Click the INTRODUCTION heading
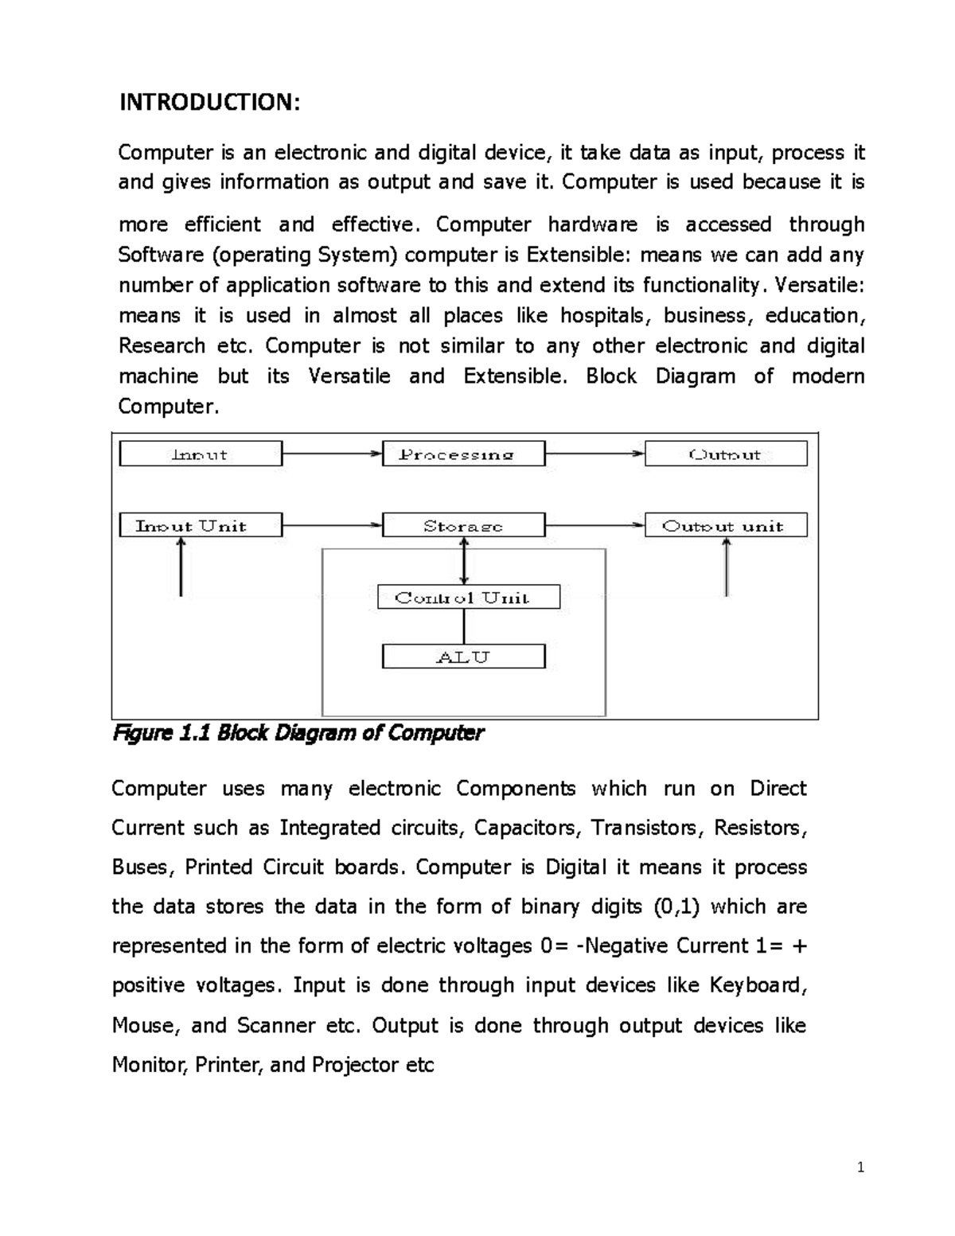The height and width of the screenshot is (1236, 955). click(209, 103)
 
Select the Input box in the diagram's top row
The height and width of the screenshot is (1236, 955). click(201, 454)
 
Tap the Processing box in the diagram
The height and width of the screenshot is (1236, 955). click(463, 454)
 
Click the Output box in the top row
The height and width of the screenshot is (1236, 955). click(726, 454)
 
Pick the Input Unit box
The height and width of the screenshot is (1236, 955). click(201, 525)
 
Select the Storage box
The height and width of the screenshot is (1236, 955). click(463, 525)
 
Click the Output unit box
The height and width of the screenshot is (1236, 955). click(726, 525)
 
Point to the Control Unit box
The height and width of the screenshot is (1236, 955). click(468, 597)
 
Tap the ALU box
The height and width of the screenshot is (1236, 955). click(463, 657)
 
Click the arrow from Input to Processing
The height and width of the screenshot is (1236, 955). click(332, 454)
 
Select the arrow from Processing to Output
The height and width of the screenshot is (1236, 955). click(594, 454)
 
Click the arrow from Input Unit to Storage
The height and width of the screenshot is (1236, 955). click(332, 525)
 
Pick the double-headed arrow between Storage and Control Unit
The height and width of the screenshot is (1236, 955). click(464, 561)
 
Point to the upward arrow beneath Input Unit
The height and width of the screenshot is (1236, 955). click(181, 567)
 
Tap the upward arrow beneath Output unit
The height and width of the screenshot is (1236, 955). click(726, 567)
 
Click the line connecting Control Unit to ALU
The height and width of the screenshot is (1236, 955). click(464, 627)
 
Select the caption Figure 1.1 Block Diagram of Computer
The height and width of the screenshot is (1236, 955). click(298, 733)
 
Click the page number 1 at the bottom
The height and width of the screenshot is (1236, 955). click(859, 1168)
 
